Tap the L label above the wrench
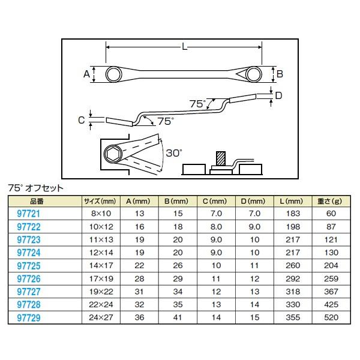click(182, 46)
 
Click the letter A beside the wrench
click(86, 74)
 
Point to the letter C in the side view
click(81, 119)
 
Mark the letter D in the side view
click(278, 95)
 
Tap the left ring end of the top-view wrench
click(113, 74)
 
